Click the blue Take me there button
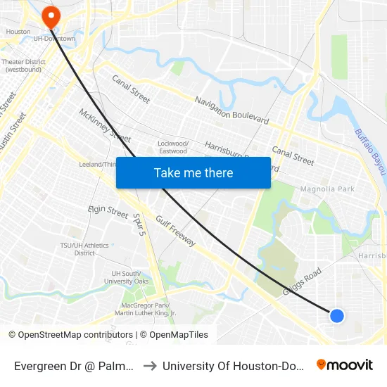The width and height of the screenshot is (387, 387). coord(193,172)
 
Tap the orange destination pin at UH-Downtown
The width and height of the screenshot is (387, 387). coord(51,16)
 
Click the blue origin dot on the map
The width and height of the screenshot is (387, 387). coord(337,316)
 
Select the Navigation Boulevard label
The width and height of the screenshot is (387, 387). coord(231,110)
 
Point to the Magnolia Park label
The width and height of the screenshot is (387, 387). coord(327,189)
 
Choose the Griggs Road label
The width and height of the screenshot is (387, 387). coord(303,281)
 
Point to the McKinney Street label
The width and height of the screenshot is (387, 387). coord(105,125)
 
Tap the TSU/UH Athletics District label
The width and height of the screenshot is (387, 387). coord(84,249)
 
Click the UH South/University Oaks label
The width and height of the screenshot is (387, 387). coord(129,277)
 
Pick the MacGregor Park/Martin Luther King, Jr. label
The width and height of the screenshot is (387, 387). coord(148,309)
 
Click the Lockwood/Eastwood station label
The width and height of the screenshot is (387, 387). coord(172,147)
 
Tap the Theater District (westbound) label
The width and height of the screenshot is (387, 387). coord(23,65)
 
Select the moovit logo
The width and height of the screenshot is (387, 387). coord(344,365)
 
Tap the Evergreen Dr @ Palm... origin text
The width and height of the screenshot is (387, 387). coord(75,366)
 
